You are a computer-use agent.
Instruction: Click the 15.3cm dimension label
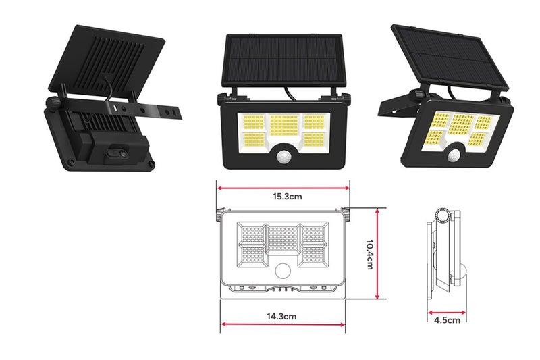[283, 197]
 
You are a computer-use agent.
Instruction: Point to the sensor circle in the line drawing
[283, 271]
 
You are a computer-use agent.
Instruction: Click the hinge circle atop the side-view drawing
[443, 215]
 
